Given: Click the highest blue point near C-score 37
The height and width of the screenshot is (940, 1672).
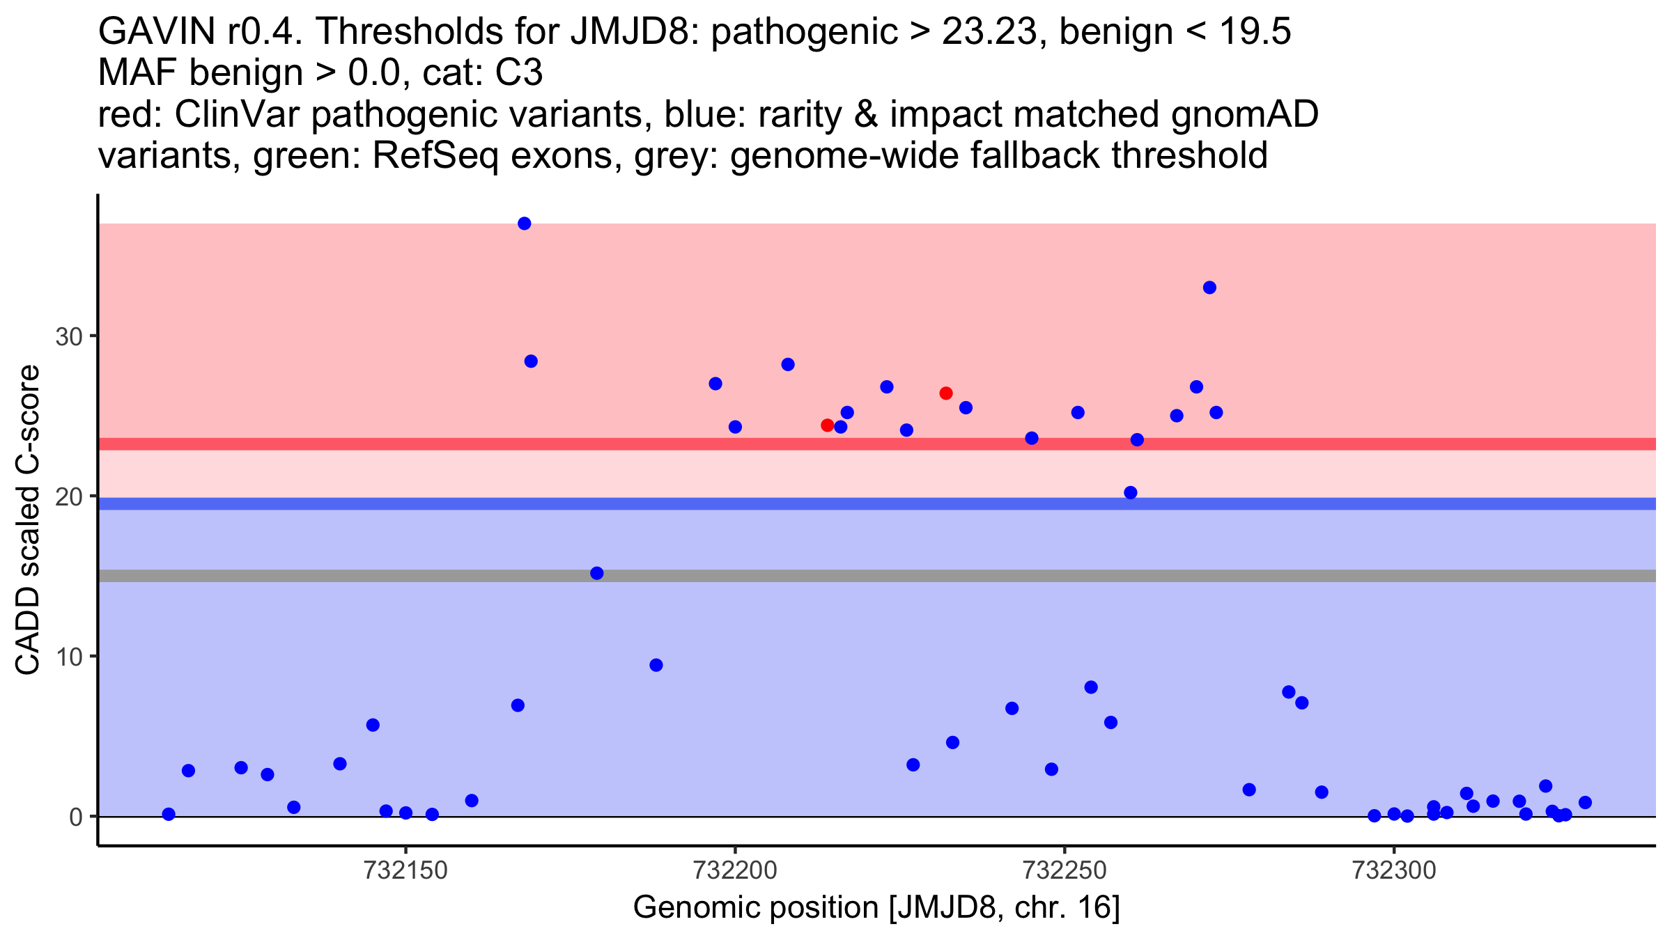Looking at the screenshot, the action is click(x=525, y=224).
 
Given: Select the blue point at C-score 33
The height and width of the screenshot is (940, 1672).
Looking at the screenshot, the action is click(x=1209, y=288).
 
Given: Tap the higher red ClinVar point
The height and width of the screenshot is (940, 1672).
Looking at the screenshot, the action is click(x=946, y=393).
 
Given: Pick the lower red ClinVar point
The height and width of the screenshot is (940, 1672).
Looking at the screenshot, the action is click(x=828, y=425).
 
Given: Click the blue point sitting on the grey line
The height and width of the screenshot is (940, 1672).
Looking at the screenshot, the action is click(x=597, y=573).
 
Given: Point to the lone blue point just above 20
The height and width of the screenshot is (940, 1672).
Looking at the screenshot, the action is click(x=1131, y=493).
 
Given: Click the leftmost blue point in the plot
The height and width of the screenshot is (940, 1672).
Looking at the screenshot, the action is click(x=169, y=814).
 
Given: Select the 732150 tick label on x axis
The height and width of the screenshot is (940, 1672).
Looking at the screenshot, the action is click(x=405, y=870).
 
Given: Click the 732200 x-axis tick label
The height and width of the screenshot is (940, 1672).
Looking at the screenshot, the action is click(x=735, y=870).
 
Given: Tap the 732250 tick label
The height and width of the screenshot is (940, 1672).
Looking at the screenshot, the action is click(x=1065, y=870).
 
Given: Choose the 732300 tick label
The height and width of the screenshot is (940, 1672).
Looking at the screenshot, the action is click(x=1394, y=870).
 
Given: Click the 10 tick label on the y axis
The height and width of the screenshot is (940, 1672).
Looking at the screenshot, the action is click(x=69, y=657).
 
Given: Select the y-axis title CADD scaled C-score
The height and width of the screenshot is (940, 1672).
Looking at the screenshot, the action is click(x=28, y=520).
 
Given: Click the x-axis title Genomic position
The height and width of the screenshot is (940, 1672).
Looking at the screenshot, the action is click(x=877, y=908).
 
